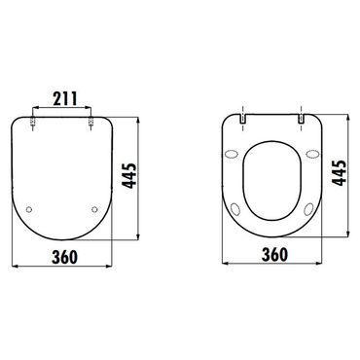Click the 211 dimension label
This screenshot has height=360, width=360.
[65, 98]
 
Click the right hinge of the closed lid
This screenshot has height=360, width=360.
[94, 120]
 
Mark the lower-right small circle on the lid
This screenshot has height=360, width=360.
[94, 209]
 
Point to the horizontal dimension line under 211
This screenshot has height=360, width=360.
[65, 109]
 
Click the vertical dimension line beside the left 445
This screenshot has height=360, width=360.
[147, 175]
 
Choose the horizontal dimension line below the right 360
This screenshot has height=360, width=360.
[274, 265]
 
